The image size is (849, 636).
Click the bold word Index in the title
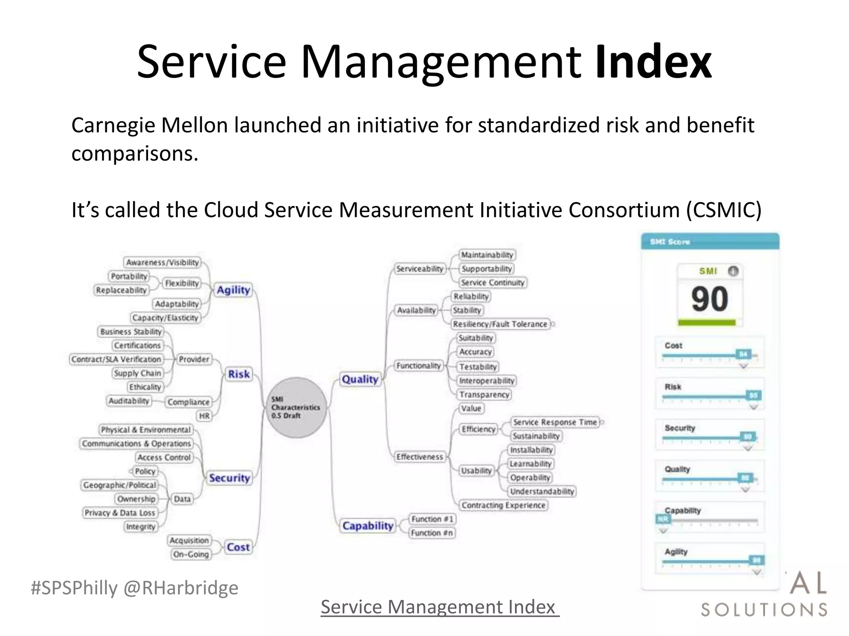(x=653, y=62)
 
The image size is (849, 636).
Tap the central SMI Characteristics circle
(x=296, y=407)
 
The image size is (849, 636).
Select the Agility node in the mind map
(x=233, y=290)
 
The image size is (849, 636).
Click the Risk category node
(x=239, y=374)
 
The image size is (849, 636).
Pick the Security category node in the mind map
(x=229, y=478)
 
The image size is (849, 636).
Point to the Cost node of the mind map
(x=238, y=547)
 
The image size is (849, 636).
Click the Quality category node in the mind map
(x=360, y=379)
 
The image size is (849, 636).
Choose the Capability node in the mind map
(x=368, y=526)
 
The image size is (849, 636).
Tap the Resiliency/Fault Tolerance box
(x=500, y=324)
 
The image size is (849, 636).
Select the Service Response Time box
(x=555, y=422)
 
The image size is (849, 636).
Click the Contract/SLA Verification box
(x=116, y=359)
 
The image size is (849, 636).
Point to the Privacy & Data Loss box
(x=120, y=513)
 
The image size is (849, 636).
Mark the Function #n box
(x=432, y=533)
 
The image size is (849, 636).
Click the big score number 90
(x=709, y=299)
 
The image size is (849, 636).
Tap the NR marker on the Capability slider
(x=662, y=519)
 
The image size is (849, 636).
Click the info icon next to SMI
(x=733, y=271)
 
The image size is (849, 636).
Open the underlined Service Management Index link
(x=439, y=607)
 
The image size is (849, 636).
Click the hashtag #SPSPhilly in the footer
(x=74, y=588)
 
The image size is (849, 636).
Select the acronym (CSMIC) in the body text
(x=724, y=210)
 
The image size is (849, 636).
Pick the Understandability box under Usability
(x=542, y=491)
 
